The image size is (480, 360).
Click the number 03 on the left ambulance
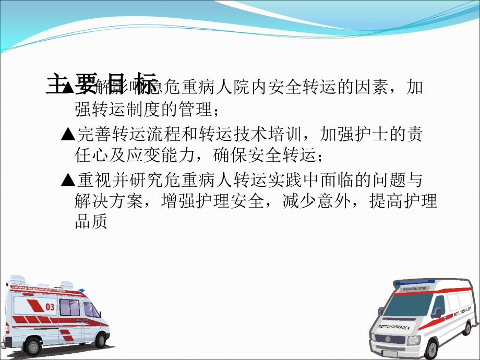pos(50,307)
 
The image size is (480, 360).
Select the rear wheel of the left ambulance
pos(34,346)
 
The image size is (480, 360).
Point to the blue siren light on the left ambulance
pos(80,288)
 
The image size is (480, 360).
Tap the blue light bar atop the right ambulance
pos(415,283)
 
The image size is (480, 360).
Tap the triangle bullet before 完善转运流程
pos(68,135)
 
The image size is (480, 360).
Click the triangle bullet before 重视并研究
pos(68,181)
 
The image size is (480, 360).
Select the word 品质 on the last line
pos(91,222)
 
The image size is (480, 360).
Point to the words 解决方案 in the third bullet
pos(107,201)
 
